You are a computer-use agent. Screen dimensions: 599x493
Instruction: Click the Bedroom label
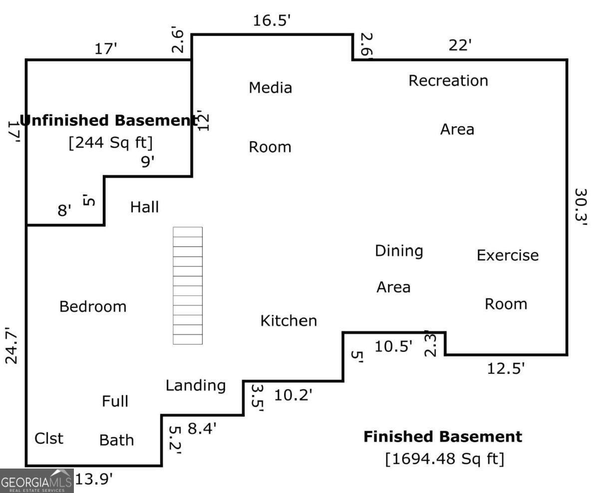pyautogui.click(x=93, y=307)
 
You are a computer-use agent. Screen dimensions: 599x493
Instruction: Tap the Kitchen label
pyautogui.click(x=289, y=321)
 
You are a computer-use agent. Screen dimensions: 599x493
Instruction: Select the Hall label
pyautogui.click(x=144, y=207)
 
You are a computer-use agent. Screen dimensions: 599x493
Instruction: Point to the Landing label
pyautogui.click(x=196, y=386)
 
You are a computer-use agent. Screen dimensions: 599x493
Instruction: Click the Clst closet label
pyautogui.click(x=49, y=439)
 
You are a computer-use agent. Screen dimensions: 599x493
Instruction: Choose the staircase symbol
pyautogui.click(x=188, y=286)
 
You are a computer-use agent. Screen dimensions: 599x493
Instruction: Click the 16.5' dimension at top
pyautogui.click(x=272, y=21)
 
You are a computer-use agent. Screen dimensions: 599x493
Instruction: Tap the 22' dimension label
pyautogui.click(x=460, y=45)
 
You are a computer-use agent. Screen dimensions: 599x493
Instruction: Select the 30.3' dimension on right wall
pyautogui.click(x=581, y=207)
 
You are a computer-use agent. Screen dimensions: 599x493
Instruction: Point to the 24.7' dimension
pyautogui.click(x=11, y=346)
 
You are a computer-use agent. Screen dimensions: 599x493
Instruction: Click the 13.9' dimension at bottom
pyautogui.click(x=94, y=480)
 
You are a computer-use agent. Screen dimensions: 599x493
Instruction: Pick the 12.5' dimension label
pyautogui.click(x=506, y=369)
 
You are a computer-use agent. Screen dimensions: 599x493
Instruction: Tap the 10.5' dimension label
pyautogui.click(x=393, y=346)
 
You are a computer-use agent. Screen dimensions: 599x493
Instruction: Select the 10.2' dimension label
pyautogui.click(x=293, y=395)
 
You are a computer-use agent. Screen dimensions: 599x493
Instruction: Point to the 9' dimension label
pyautogui.click(x=148, y=162)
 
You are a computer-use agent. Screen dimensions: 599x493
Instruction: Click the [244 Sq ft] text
pyautogui.click(x=110, y=142)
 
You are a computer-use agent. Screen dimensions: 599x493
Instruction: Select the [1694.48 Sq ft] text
pyautogui.click(x=444, y=459)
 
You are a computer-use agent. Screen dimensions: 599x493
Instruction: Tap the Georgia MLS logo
pyautogui.click(x=36, y=481)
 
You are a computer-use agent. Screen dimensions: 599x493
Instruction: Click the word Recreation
pyautogui.click(x=448, y=81)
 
